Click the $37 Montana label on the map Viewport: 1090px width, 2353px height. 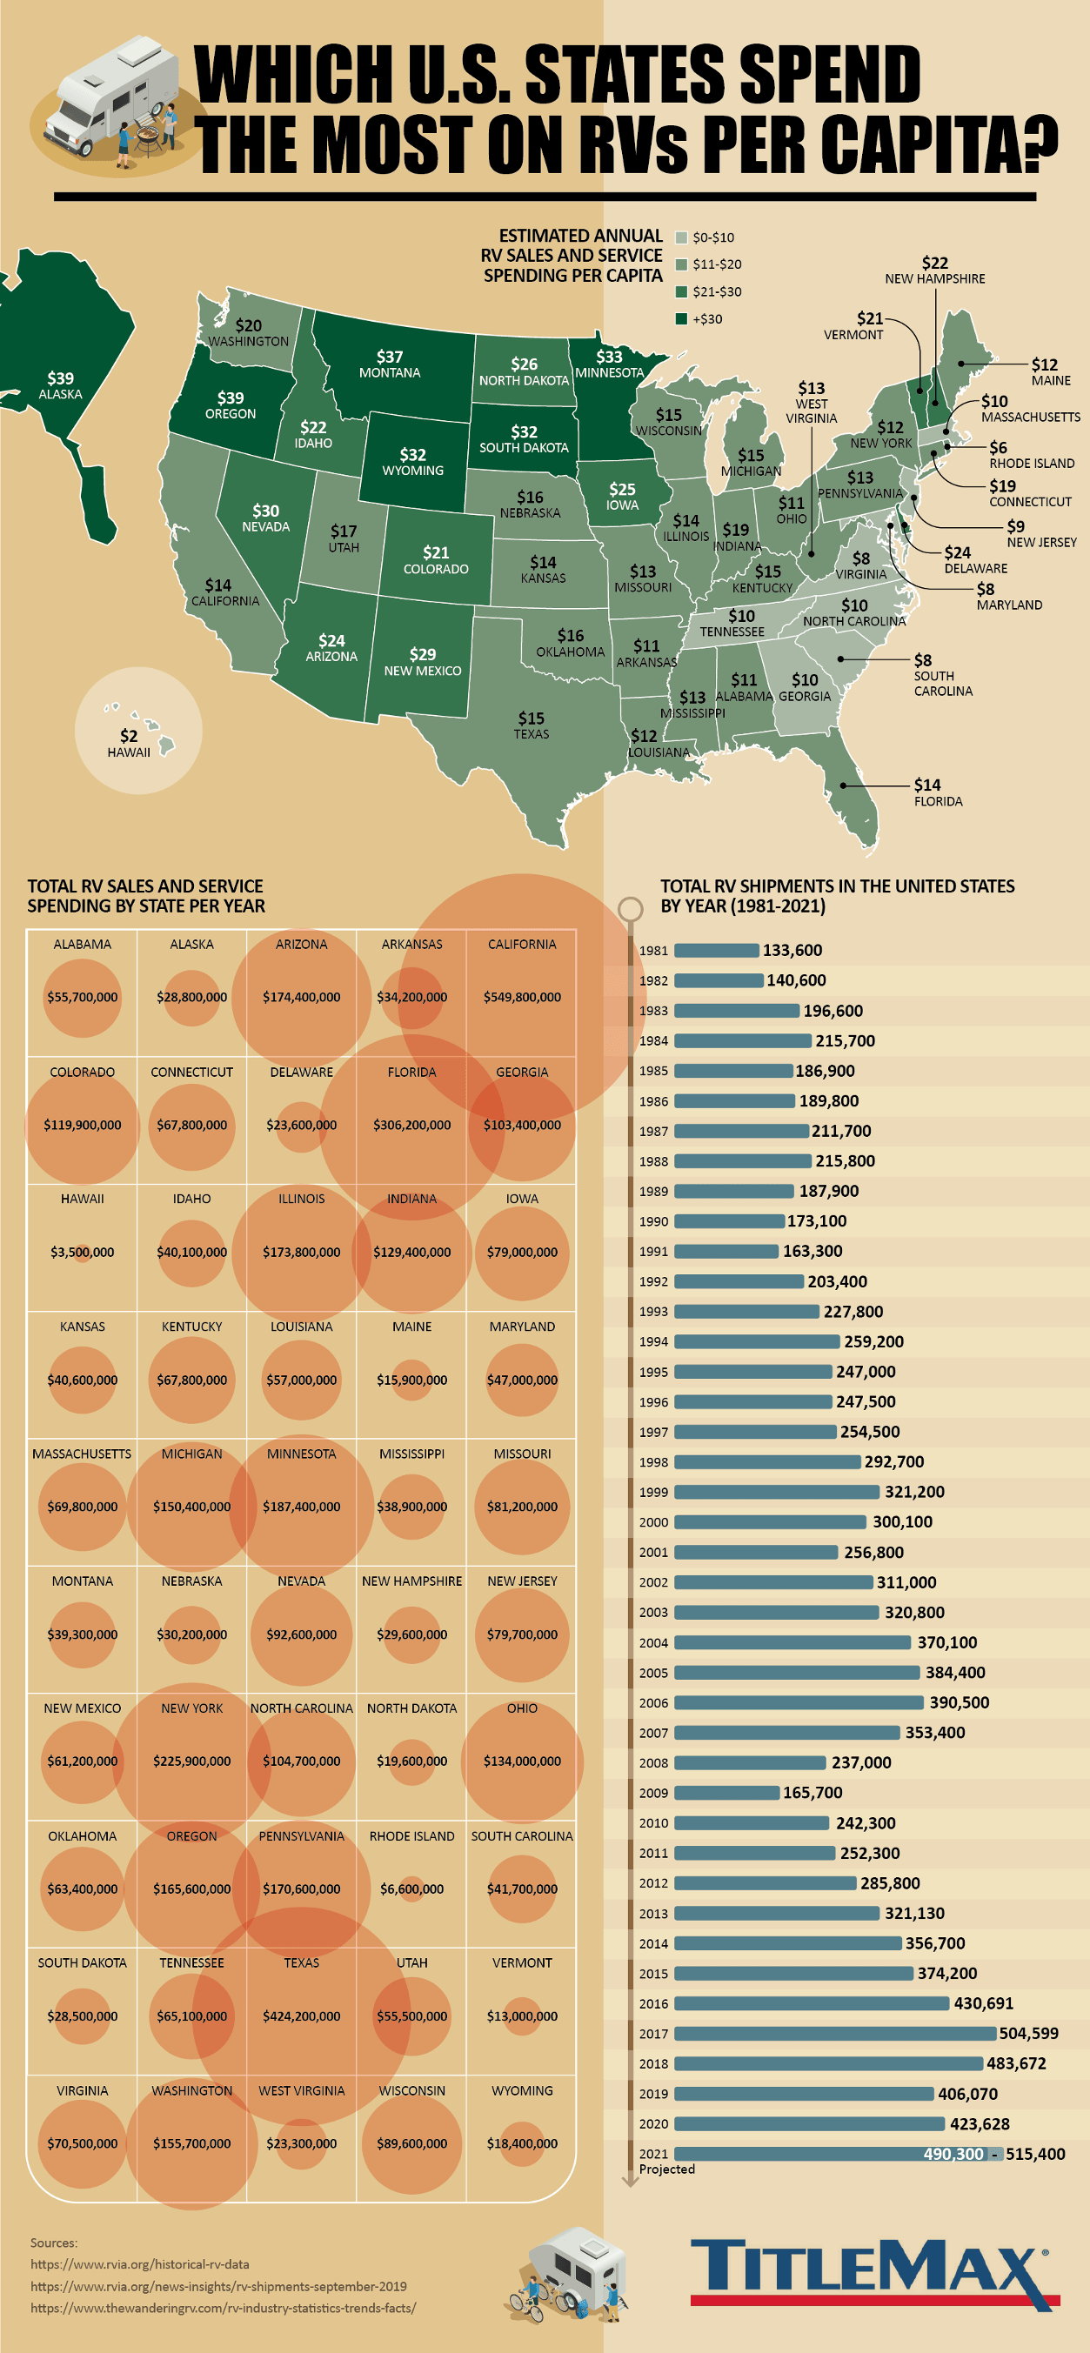coord(389,364)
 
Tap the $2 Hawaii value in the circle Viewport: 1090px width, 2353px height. coord(129,743)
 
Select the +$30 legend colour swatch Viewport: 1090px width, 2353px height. coord(680,318)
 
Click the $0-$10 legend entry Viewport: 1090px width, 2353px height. coord(705,237)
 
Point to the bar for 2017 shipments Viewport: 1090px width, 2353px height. coord(834,2033)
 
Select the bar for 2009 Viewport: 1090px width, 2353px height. coord(726,1792)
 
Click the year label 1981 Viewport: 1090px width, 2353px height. coord(653,951)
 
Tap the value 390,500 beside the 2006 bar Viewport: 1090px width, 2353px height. coord(959,1701)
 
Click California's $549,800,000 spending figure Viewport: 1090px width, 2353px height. coord(522,997)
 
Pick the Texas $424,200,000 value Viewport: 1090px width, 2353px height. coord(302,2016)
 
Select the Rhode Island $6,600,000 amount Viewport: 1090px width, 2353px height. coord(411,1888)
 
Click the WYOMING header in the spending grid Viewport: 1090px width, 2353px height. coord(522,2090)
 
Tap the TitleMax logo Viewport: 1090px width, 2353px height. coord(873,2273)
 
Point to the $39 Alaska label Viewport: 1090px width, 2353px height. coord(60,384)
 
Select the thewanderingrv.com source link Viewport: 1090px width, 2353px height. coord(223,2307)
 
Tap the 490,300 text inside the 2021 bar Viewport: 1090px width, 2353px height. coord(953,2154)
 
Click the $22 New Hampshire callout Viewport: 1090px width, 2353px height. coord(934,270)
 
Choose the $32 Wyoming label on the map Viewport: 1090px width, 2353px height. coord(413,461)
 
